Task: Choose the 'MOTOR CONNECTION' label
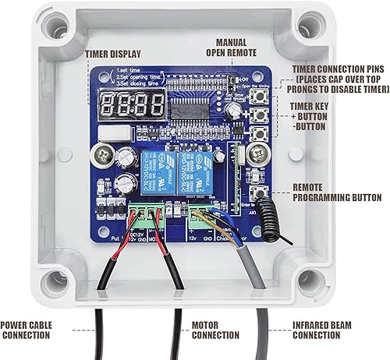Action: (x=214, y=330)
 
